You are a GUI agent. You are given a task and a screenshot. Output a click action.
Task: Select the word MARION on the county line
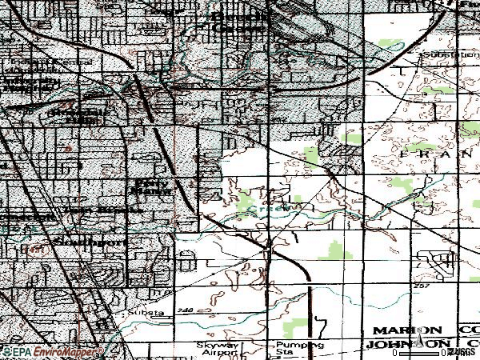coord(406,330)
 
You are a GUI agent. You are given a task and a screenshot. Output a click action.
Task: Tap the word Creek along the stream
coord(261,210)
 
